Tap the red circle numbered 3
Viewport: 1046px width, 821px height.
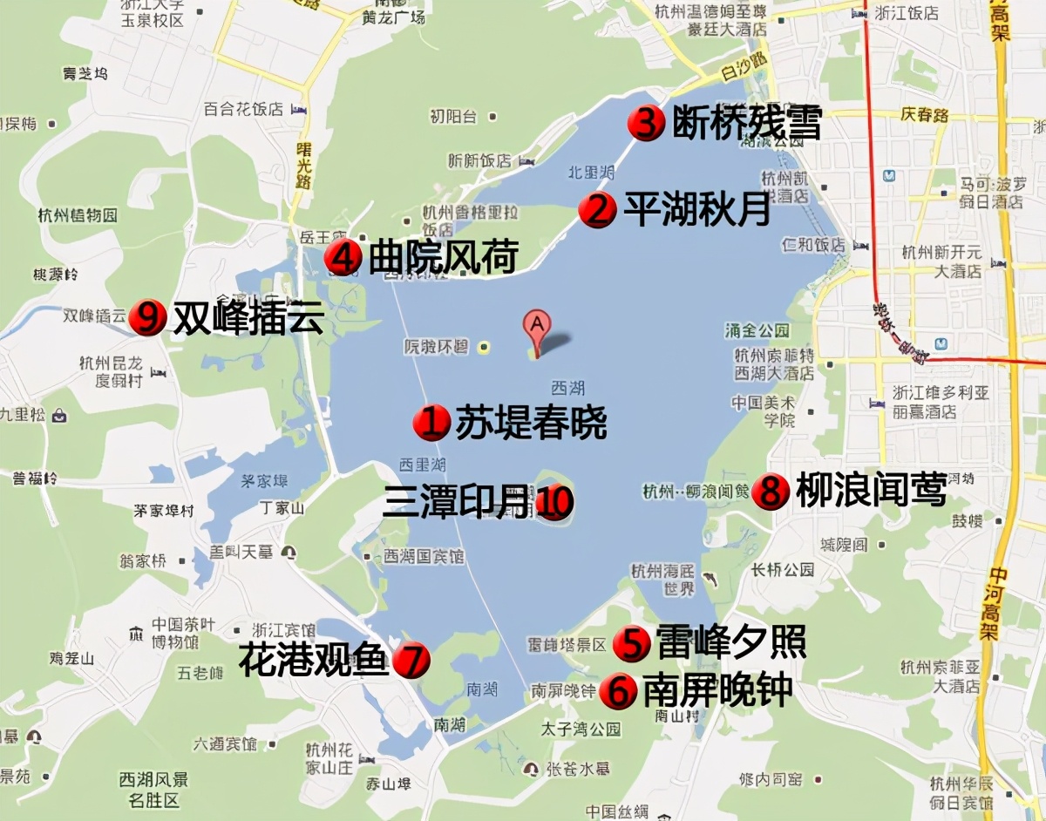click(x=646, y=124)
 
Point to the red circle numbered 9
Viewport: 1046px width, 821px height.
click(x=147, y=318)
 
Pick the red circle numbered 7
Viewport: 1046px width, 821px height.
click(x=411, y=661)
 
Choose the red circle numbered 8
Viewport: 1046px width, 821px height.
click(x=770, y=492)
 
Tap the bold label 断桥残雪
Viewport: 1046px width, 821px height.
click(x=747, y=124)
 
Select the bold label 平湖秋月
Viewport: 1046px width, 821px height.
click(x=697, y=210)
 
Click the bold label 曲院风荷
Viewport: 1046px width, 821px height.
click(x=444, y=257)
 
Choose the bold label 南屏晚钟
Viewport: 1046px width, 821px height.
click(x=717, y=691)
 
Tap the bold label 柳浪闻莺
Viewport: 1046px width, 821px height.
click(x=871, y=492)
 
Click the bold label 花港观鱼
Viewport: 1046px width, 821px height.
click(x=313, y=661)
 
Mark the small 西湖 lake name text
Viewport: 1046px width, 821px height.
click(x=567, y=388)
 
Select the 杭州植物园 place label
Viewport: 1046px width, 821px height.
click(x=78, y=215)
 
